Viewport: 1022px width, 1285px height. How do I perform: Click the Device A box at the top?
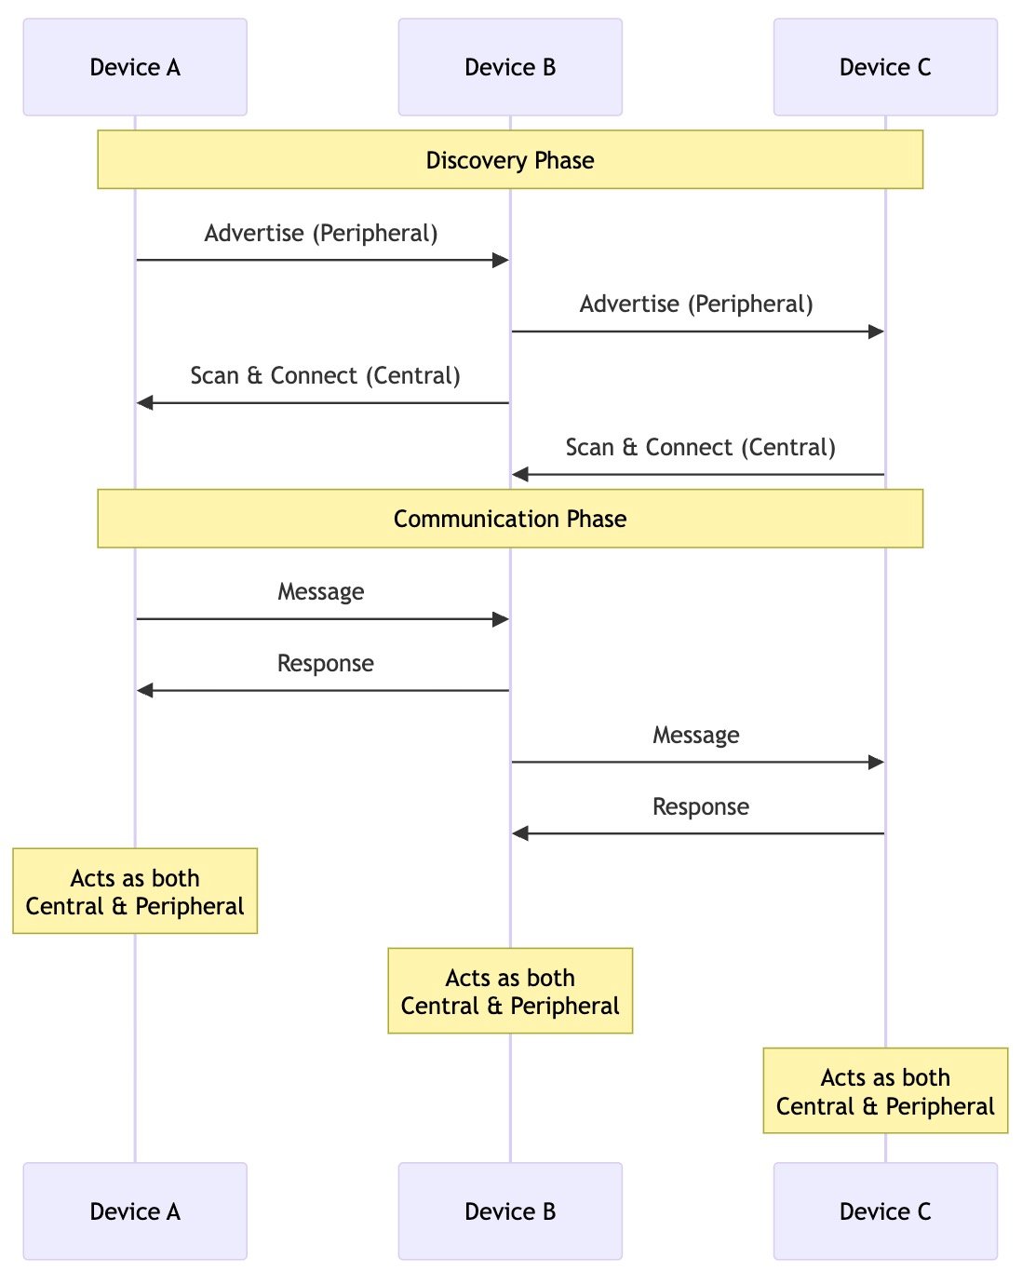click(x=135, y=67)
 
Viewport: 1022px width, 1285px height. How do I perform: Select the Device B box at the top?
click(x=510, y=67)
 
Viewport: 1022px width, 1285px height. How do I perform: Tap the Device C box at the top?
click(x=885, y=67)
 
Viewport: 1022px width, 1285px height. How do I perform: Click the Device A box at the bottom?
click(x=135, y=1211)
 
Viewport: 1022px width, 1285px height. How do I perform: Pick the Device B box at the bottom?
click(x=510, y=1211)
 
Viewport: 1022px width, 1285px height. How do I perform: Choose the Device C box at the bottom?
click(x=885, y=1211)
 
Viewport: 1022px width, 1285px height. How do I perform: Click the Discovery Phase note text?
click(x=510, y=160)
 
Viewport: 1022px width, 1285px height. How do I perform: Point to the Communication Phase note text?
click(x=510, y=519)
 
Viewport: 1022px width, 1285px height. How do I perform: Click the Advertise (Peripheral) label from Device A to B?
click(x=321, y=233)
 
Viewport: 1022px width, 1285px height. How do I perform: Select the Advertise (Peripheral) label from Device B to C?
click(x=696, y=304)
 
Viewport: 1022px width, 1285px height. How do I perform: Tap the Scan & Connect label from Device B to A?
click(x=325, y=376)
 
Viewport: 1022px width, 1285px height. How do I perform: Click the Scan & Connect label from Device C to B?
click(x=700, y=448)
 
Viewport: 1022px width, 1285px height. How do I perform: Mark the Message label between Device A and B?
click(x=321, y=592)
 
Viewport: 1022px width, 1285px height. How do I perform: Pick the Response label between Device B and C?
click(x=700, y=807)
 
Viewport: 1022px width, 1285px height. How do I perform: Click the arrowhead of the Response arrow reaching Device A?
click(x=144, y=690)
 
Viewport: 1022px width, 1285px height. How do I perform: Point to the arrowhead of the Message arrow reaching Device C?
click(x=875, y=762)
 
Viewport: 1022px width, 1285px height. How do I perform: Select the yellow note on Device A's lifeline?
click(x=135, y=891)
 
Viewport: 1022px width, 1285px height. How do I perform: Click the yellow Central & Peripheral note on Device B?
click(x=510, y=991)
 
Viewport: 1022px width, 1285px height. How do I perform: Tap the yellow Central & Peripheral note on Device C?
click(x=885, y=1090)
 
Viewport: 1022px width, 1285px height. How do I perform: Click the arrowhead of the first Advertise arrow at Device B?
click(x=500, y=260)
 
